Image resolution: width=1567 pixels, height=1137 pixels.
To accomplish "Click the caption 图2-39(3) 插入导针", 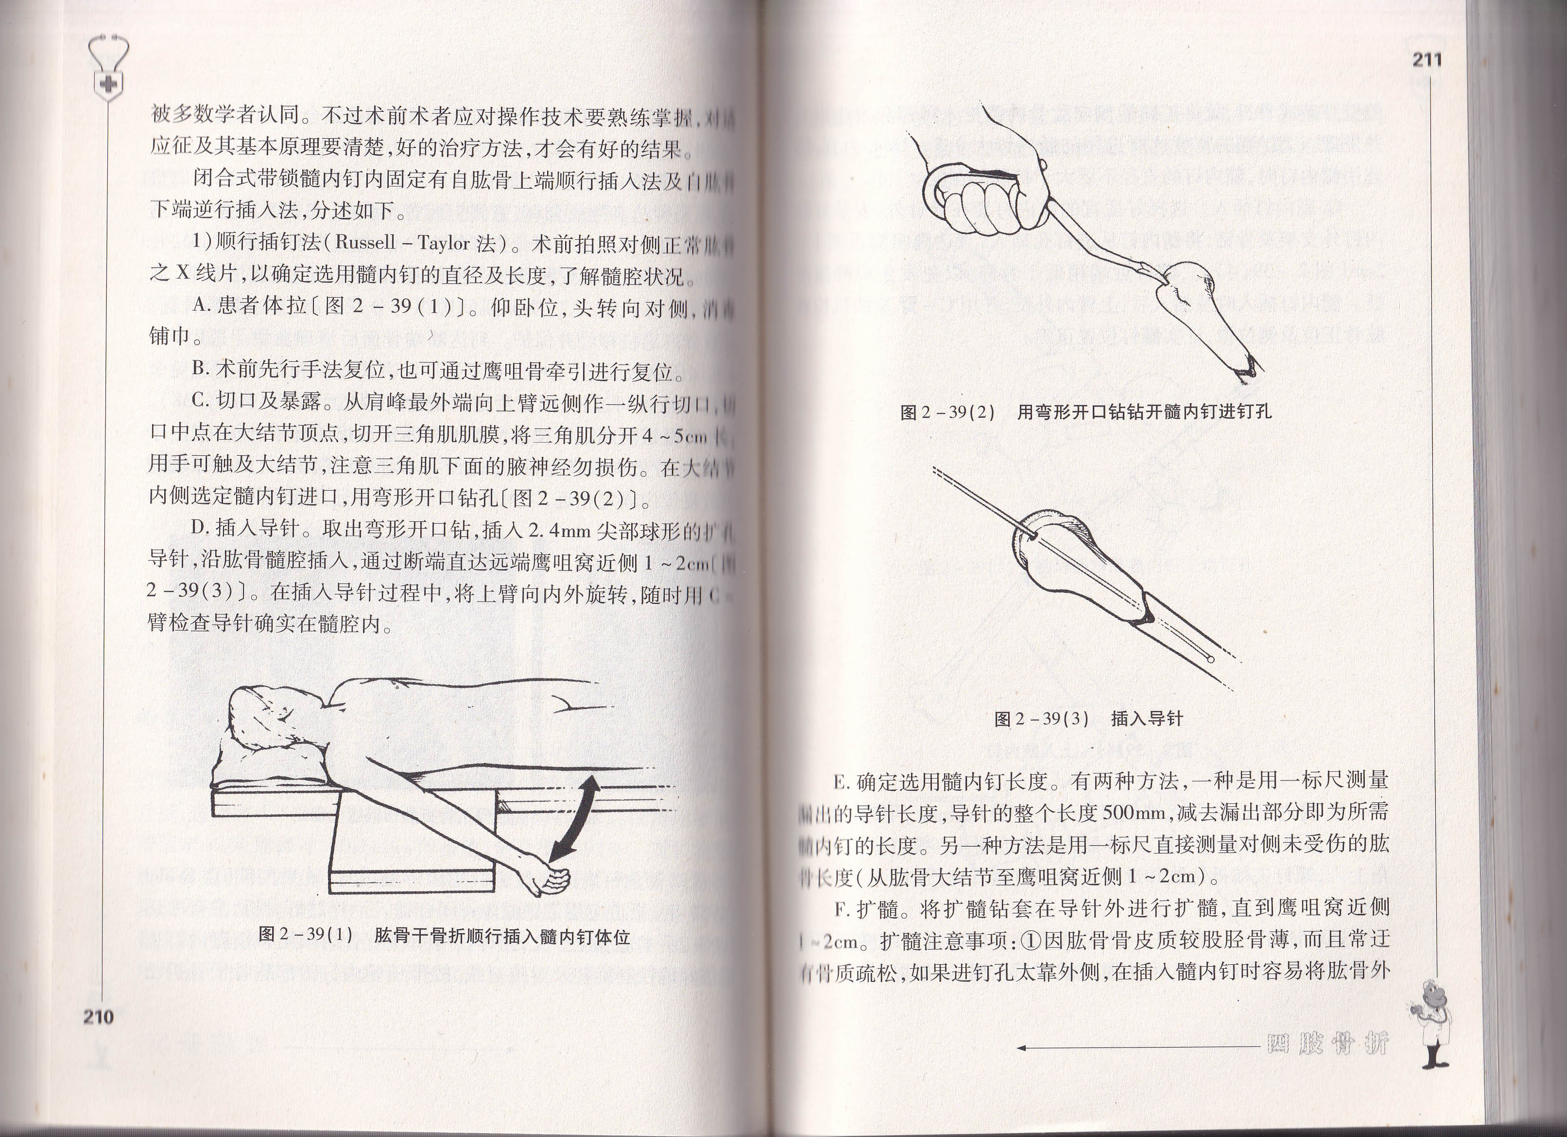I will click(1088, 719).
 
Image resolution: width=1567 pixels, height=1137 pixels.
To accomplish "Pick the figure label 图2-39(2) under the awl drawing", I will click(946, 413).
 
